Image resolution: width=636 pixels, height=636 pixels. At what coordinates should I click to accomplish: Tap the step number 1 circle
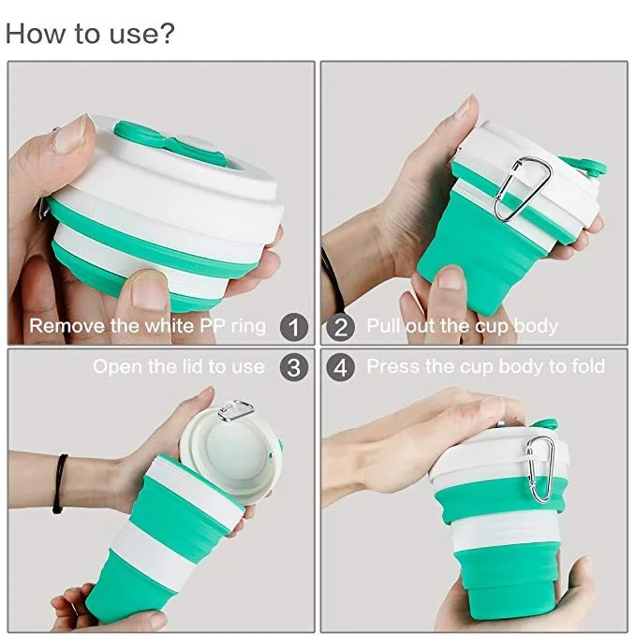tap(294, 327)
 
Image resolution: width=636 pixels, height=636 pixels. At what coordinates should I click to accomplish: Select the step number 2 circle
tap(341, 327)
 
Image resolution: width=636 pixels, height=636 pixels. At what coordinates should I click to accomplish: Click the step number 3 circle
tap(294, 367)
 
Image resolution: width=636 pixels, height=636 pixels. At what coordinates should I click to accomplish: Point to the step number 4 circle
tap(341, 367)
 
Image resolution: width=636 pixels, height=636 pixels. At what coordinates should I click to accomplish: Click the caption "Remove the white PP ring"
tap(148, 327)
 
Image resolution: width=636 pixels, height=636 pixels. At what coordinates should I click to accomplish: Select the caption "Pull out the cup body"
tap(462, 327)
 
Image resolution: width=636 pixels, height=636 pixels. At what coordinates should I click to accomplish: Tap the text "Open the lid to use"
tap(178, 366)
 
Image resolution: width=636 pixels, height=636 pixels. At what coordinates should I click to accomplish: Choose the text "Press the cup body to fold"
tap(485, 366)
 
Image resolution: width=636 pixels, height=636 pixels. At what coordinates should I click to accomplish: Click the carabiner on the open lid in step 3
tap(235, 409)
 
